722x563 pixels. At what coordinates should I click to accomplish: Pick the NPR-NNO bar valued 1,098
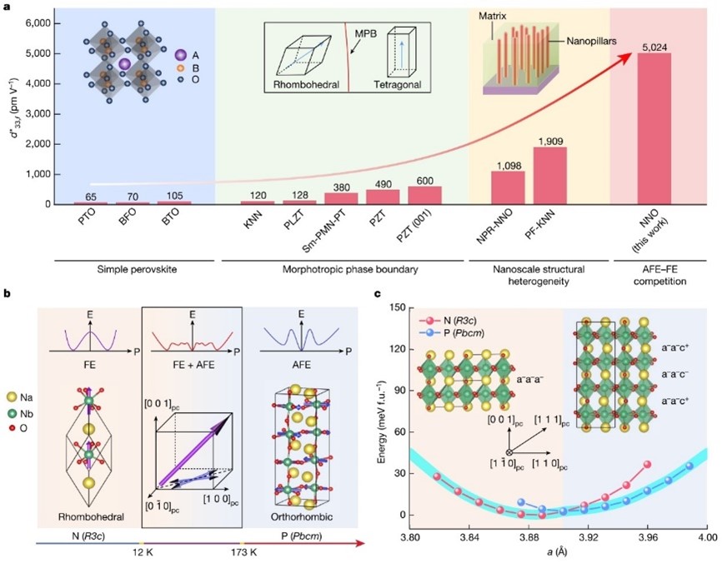(x=509, y=187)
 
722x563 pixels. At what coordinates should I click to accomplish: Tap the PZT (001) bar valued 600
(x=425, y=196)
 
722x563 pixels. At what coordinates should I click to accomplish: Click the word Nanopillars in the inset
(x=574, y=38)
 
